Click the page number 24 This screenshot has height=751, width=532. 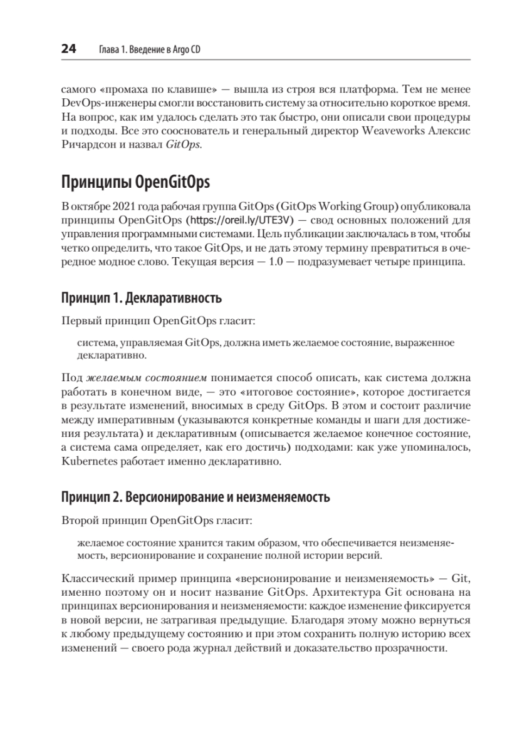point(68,49)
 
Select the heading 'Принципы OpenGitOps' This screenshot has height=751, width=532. point(135,182)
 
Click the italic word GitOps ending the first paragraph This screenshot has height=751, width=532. point(184,145)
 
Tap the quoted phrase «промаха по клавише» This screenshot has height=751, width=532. point(146,88)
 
